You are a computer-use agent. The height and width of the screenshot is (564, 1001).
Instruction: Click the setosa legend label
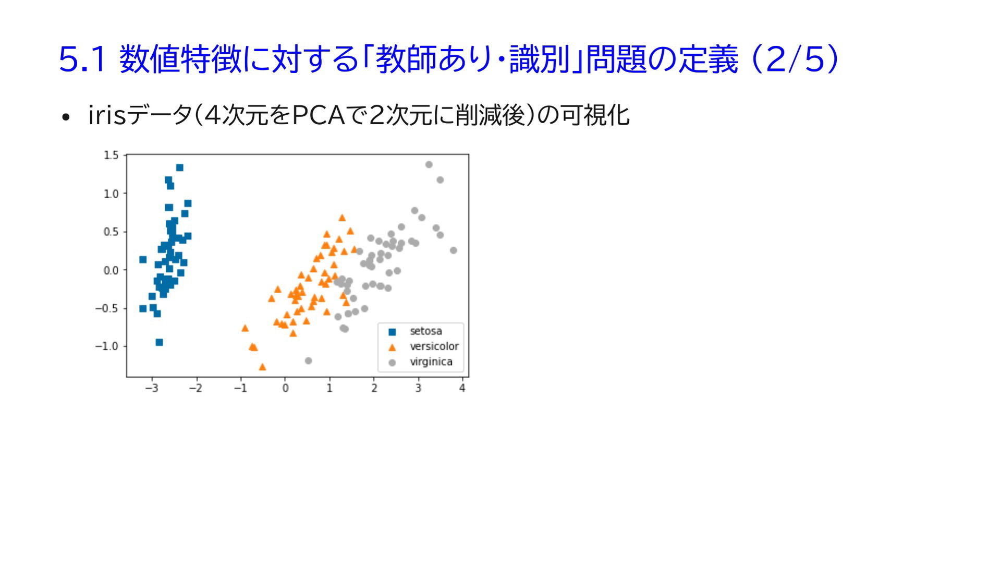pyautogui.click(x=425, y=331)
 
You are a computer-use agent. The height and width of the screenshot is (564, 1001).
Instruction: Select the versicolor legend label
pyautogui.click(x=434, y=346)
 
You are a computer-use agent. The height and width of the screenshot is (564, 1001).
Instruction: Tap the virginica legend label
pyautogui.click(x=431, y=362)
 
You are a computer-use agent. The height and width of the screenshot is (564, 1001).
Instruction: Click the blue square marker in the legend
pyautogui.click(x=392, y=332)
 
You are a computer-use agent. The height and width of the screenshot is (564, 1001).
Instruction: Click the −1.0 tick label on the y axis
pyautogui.click(x=107, y=346)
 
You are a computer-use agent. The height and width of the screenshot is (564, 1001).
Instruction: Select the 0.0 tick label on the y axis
pyautogui.click(x=111, y=270)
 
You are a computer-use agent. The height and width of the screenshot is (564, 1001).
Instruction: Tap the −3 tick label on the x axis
pyautogui.click(x=151, y=388)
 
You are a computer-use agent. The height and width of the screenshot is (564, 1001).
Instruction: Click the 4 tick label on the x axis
pyautogui.click(x=462, y=388)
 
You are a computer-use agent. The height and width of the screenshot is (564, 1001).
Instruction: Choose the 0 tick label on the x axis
pyautogui.click(x=285, y=388)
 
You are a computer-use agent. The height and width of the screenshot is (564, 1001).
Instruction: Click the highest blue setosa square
pyautogui.click(x=179, y=167)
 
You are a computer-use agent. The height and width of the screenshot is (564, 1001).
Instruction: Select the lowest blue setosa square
pyautogui.click(x=159, y=342)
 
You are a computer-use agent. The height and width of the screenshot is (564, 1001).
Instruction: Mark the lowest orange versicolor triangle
pyautogui.click(x=262, y=367)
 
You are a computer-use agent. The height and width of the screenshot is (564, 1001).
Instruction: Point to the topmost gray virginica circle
pyautogui.click(x=429, y=165)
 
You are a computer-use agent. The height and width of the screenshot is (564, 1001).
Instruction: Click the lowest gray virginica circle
pyautogui.click(x=308, y=361)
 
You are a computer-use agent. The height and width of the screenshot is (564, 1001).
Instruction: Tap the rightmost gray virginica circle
pyautogui.click(x=453, y=250)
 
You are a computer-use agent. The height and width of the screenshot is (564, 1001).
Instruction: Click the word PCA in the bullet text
pyautogui.click(x=318, y=115)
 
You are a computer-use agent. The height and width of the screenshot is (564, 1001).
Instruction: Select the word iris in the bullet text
pyautogui.click(x=107, y=115)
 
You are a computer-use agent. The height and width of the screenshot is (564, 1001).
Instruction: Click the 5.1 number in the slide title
pyautogui.click(x=82, y=59)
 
